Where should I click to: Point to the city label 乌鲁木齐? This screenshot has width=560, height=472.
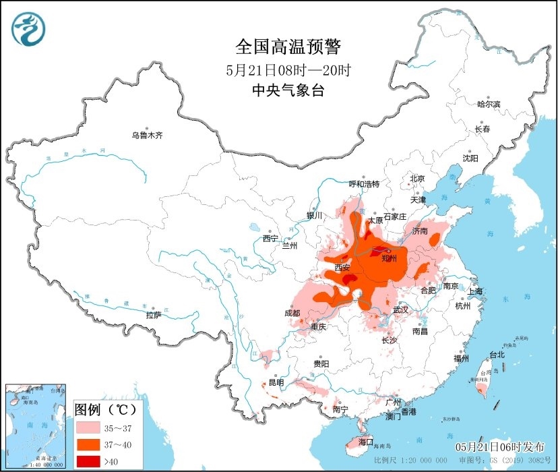pos(147,136)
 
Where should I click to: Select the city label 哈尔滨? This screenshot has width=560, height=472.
pos(489,104)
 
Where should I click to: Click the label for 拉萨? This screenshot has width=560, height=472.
pos(154,315)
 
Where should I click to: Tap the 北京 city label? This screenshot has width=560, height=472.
pos(418,179)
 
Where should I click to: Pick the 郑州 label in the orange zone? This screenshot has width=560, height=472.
pos(390,258)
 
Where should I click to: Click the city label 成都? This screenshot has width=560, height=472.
pos(292,313)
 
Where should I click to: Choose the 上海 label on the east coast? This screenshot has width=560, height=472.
pos(475,291)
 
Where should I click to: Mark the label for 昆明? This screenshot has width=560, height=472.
pos(276,382)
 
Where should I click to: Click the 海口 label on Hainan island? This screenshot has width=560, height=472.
pos(366,442)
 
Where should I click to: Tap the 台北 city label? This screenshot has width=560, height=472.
pos(497,354)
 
